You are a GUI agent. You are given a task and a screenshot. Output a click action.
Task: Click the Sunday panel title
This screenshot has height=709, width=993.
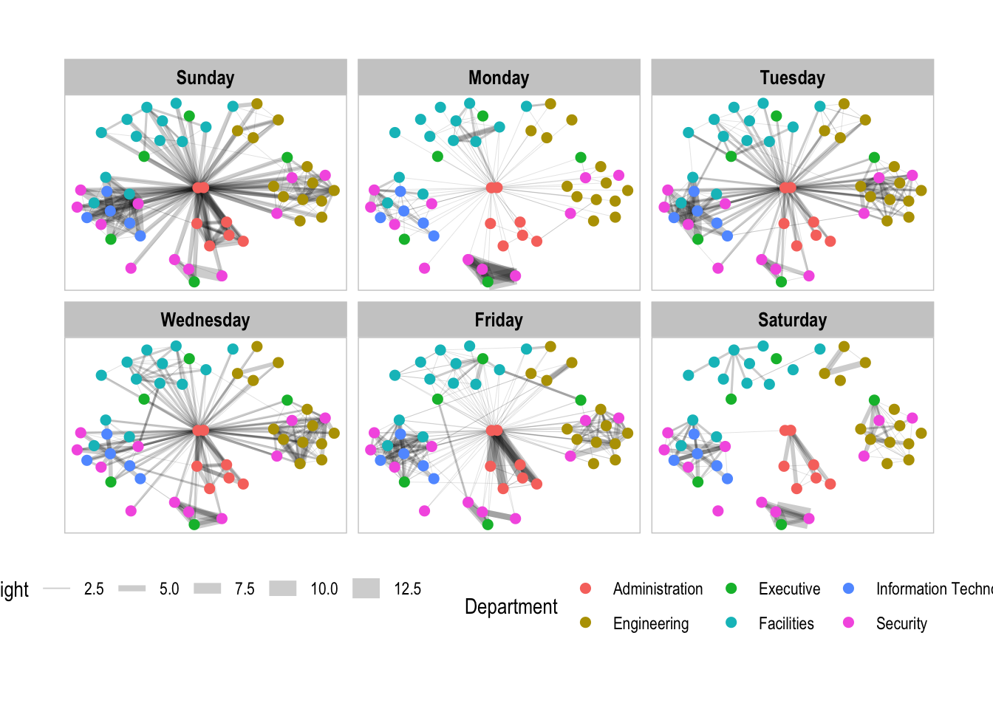point(205,78)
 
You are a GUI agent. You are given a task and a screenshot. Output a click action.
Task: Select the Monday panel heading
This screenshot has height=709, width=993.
point(499,78)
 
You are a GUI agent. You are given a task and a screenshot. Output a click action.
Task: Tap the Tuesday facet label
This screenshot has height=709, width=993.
point(792,78)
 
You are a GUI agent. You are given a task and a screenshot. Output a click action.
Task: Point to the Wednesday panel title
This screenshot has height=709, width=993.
point(205,320)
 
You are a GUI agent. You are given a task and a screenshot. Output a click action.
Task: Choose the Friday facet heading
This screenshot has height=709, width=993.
point(499,320)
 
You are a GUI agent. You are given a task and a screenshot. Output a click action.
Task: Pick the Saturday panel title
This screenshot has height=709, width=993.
point(792,320)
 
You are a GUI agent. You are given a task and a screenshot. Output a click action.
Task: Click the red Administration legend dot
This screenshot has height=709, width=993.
point(586,589)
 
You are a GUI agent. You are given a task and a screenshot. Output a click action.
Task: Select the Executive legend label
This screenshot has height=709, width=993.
point(789,589)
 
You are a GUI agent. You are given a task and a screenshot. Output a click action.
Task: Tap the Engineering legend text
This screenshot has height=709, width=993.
point(650,623)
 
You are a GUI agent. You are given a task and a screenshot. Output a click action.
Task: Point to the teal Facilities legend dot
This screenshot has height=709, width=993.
point(731,623)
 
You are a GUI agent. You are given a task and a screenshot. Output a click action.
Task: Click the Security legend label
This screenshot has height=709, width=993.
point(901,623)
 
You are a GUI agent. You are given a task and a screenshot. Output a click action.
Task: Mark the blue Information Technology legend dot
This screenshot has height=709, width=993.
point(849,589)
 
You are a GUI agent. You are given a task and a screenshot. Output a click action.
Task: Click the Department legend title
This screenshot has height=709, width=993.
point(511,606)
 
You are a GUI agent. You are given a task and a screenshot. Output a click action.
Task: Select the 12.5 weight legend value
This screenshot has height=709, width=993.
point(407,589)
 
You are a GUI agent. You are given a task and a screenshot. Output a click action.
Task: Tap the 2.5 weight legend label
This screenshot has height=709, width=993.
point(94,589)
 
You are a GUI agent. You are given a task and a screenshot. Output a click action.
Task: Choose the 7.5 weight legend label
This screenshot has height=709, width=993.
point(245,589)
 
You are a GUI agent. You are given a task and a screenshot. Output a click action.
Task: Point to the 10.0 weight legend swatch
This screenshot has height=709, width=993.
point(283,589)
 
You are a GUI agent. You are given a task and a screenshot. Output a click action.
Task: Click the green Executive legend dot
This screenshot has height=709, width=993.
point(731,589)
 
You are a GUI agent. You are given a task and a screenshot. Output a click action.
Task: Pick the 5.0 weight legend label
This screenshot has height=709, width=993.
point(169,589)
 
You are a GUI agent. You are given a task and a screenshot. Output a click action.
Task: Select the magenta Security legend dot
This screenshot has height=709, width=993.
point(849,623)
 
